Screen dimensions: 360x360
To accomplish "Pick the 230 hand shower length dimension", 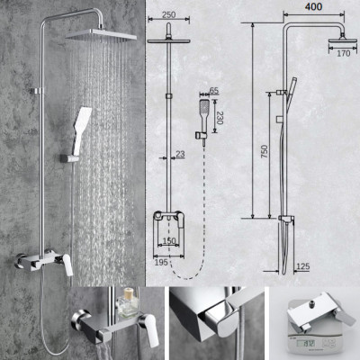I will tap(220, 117).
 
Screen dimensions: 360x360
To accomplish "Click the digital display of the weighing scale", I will tap(315, 344).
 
